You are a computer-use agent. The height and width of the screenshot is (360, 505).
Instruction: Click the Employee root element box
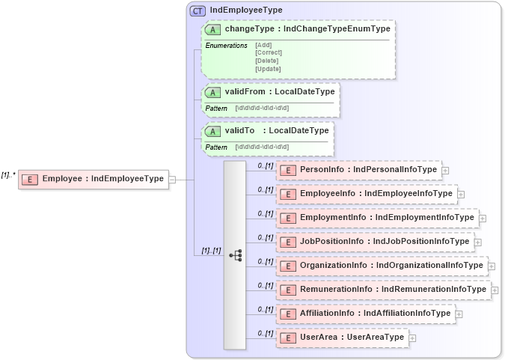click(94, 179)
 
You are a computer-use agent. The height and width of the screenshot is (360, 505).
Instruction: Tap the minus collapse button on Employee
click(172, 179)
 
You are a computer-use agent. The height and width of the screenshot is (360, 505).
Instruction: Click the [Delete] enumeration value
click(267, 61)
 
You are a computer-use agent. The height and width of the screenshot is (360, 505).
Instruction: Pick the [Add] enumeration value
click(263, 45)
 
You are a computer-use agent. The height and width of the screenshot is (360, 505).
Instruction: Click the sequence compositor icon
click(235, 255)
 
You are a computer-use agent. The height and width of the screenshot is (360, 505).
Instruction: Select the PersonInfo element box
click(359, 170)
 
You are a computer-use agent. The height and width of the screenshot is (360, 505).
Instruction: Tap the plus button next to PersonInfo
click(445, 171)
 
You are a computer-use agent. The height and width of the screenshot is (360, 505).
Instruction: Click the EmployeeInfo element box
click(367, 194)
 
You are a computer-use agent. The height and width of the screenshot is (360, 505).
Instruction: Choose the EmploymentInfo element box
click(378, 218)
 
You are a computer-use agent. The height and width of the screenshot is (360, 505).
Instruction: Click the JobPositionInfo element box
click(375, 242)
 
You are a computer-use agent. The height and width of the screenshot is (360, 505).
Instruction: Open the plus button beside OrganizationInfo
click(492, 266)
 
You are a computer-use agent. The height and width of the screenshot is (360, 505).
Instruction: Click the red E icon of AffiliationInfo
click(287, 314)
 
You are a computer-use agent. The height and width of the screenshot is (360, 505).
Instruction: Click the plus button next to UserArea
click(412, 338)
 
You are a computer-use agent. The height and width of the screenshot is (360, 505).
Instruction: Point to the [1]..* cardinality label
click(9, 174)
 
